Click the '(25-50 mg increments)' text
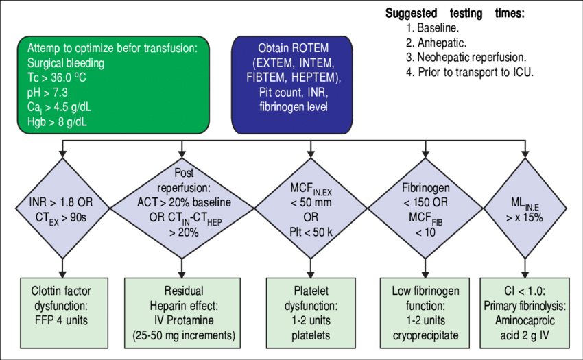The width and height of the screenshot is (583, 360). pyautogui.click(x=182, y=335)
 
